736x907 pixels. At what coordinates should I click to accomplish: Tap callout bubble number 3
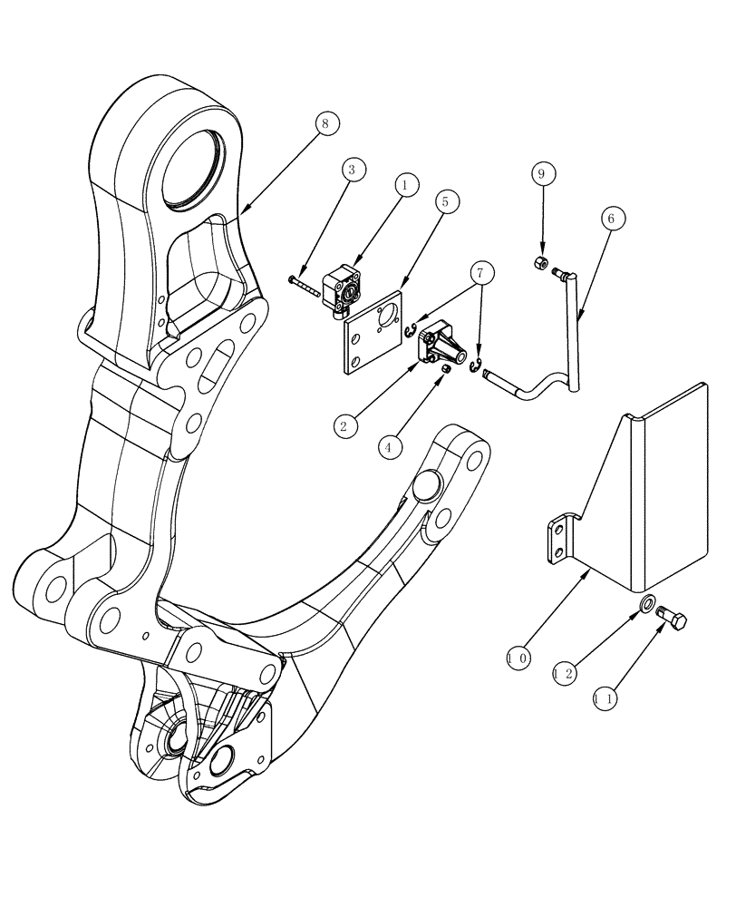354,170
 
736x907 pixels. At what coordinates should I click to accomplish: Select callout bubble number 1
406,184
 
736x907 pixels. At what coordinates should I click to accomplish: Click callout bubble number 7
482,272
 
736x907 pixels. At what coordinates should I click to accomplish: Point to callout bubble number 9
541,173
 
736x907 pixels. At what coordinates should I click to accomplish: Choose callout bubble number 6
610,219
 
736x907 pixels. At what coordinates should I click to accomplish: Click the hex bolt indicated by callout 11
673,621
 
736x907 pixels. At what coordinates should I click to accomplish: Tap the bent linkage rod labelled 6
573,345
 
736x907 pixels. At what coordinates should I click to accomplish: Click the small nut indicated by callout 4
447,370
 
